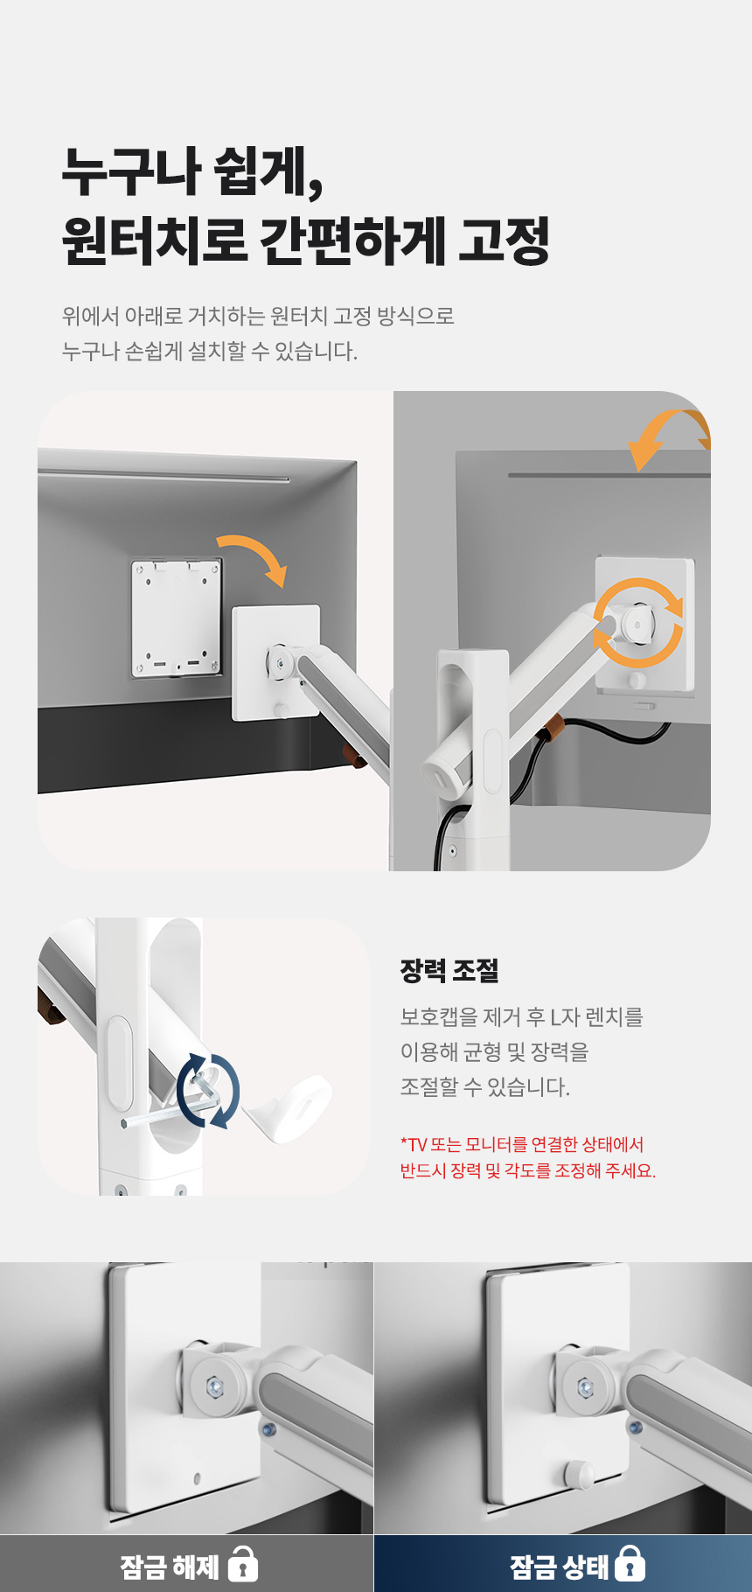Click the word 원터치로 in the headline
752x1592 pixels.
pyautogui.click(x=155, y=240)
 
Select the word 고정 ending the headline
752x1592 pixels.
pyautogui.click(x=504, y=240)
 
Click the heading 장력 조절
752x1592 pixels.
pyautogui.click(x=449, y=970)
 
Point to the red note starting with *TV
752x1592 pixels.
pyautogui.click(x=528, y=1157)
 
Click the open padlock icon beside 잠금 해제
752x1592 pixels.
pyautogui.click(x=242, y=1563)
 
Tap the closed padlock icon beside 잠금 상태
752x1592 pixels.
pyautogui.click(x=630, y=1563)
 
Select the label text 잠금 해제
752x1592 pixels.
pyautogui.click(x=170, y=1566)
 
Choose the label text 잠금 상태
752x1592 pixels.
pyautogui.click(x=559, y=1566)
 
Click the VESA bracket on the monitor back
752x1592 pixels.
pyautogui.click(x=176, y=618)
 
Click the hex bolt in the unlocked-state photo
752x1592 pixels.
pyautogui.click(x=214, y=1386)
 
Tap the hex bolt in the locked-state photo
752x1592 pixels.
pyautogui.click(x=586, y=1386)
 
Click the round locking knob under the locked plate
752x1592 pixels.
pyautogui.click(x=575, y=1474)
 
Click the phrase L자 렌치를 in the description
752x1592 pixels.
pyautogui.click(x=596, y=1016)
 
